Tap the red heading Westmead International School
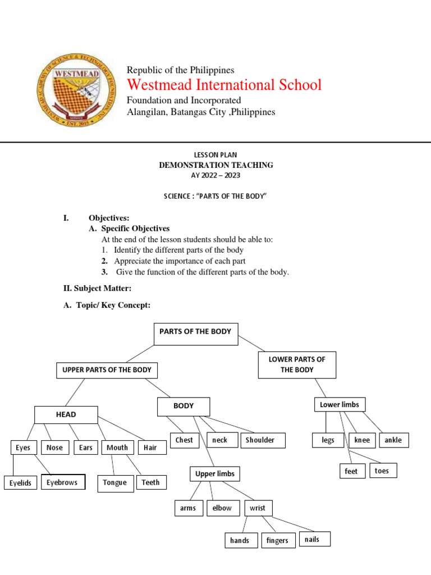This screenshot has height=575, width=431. (224, 85)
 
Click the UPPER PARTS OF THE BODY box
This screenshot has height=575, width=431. (107, 371)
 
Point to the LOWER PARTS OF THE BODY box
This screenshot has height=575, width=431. (297, 365)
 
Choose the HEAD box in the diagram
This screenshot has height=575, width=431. (66, 415)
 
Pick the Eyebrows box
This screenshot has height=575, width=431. (63, 482)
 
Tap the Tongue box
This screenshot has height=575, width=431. (115, 483)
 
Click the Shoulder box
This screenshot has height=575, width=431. (263, 440)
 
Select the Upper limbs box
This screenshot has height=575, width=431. (214, 474)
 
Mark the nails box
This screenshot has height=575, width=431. (314, 540)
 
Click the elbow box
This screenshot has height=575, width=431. (222, 508)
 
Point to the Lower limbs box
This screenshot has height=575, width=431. (339, 404)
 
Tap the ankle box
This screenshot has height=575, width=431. (394, 440)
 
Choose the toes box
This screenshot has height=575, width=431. (382, 471)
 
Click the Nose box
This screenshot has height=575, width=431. (54, 448)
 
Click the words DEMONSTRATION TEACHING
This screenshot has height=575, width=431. (215, 165)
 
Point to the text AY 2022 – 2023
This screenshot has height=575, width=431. (215, 175)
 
